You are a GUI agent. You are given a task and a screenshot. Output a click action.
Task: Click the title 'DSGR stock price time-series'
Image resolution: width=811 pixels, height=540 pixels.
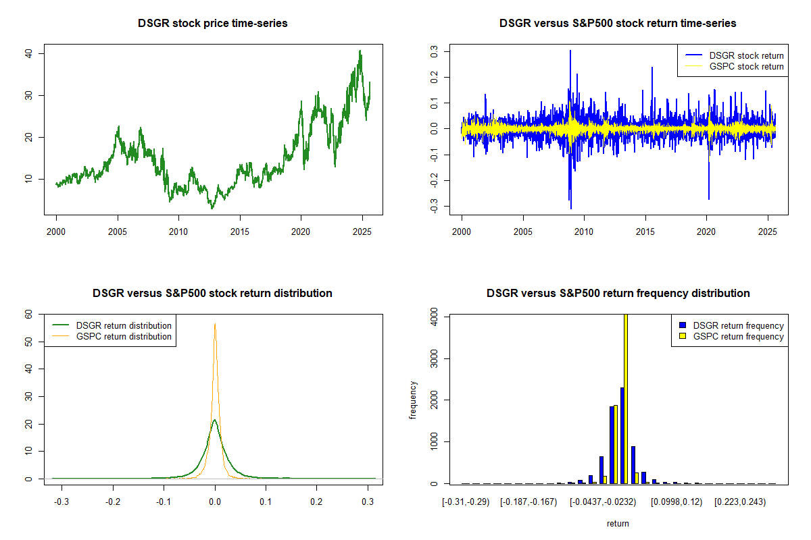213,24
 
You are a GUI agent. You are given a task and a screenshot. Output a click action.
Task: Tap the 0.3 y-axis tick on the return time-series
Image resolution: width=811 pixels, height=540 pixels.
444,51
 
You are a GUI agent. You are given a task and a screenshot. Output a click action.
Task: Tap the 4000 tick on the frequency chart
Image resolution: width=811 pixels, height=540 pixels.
433,316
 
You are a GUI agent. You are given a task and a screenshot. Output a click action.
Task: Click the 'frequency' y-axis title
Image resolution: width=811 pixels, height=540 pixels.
413,400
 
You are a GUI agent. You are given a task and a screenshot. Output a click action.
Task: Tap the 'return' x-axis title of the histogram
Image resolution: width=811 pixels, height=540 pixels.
618,523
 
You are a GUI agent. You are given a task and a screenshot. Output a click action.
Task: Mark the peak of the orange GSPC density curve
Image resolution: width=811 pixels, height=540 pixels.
215,323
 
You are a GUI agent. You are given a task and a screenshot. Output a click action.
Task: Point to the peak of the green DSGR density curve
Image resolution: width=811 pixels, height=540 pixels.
215,420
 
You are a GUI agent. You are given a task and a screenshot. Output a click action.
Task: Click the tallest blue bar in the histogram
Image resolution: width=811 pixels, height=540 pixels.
622,435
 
